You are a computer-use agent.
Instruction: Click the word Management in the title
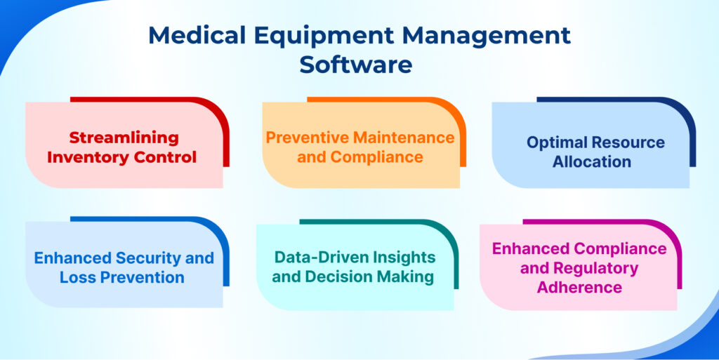tap(486, 36)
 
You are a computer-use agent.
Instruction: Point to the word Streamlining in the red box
tap(124, 137)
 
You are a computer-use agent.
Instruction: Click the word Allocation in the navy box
tap(591, 161)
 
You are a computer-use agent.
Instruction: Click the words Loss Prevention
tap(122, 276)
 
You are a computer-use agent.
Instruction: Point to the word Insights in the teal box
tap(404, 257)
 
